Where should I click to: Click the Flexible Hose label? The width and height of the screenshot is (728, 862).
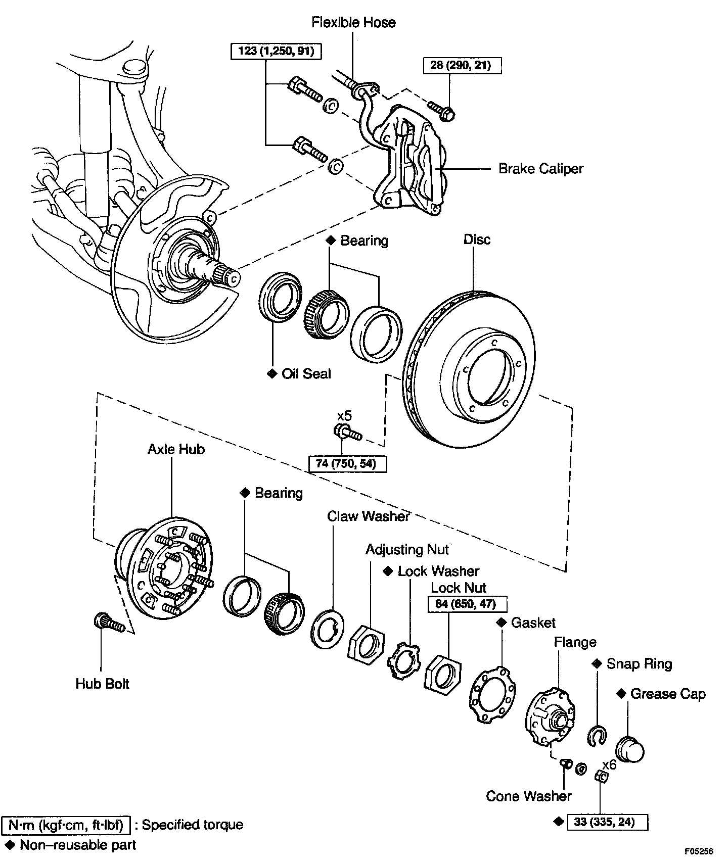353,23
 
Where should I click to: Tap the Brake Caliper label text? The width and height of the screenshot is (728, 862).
540,168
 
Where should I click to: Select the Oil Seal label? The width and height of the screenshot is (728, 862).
306,374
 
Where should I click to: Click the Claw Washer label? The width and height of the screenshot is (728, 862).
368,516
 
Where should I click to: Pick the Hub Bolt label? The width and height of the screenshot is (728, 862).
103,684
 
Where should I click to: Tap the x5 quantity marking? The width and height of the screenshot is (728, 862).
344,416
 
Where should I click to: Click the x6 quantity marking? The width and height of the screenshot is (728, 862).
609,764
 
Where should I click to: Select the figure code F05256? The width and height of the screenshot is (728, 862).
699,851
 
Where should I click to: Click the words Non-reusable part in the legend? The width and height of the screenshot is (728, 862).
78,845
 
